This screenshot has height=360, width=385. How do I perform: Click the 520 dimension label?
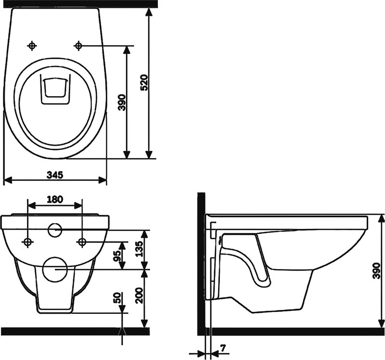click(x=145, y=83)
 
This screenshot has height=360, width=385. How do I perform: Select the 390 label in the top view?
click(x=122, y=102)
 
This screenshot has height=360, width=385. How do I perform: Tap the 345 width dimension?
click(x=55, y=175)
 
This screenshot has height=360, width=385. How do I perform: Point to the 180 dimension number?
click(x=55, y=199)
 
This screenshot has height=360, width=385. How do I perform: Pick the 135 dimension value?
click(x=140, y=249)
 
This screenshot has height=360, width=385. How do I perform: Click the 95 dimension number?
click(x=117, y=256)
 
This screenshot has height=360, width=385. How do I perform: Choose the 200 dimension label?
click(x=140, y=296)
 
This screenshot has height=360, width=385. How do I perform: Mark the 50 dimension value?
click(x=118, y=298)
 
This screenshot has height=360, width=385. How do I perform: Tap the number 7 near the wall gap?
click(x=223, y=347)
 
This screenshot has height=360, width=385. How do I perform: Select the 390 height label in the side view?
click(x=376, y=270)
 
